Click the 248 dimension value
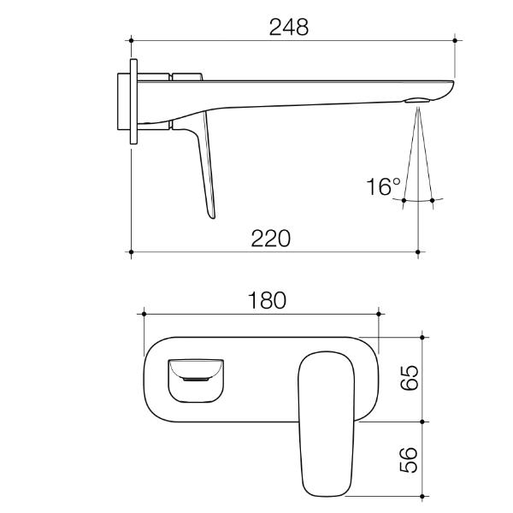(x=288, y=27)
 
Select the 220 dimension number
(x=270, y=238)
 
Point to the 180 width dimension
(x=266, y=300)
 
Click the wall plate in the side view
(x=133, y=103)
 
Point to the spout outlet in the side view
(x=416, y=102)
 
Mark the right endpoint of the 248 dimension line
(x=454, y=39)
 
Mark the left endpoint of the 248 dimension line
(x=131, y=39)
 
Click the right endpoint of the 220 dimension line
(x=417, y=252)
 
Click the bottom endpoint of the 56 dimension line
(x=422, y=495)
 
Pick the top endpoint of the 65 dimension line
(x=422, y=336)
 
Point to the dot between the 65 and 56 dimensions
(x=422, y=422)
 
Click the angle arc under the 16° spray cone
(x=417, y=200)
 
